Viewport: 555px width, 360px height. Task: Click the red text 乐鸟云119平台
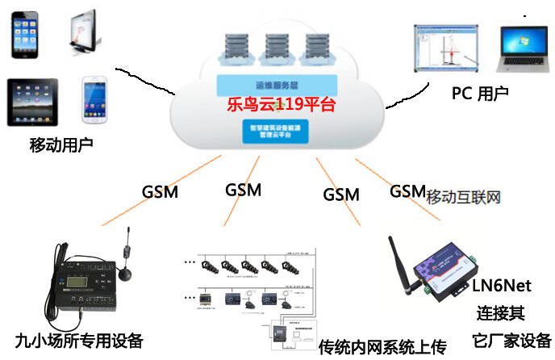pyautogui.click(x=279, y=104)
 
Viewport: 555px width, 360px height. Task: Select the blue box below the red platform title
pyautogui.click(x=275, y=130)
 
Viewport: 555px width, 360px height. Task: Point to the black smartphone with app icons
pyautogui.click(x=27, y=35)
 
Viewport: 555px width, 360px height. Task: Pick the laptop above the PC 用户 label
pyautogui.click(x=525, y=51)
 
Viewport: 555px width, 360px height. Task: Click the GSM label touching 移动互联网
pyautogui.click(x=407, y=191)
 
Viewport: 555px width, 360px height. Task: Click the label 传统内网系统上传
pyautogui.click(x=382, y=347)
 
